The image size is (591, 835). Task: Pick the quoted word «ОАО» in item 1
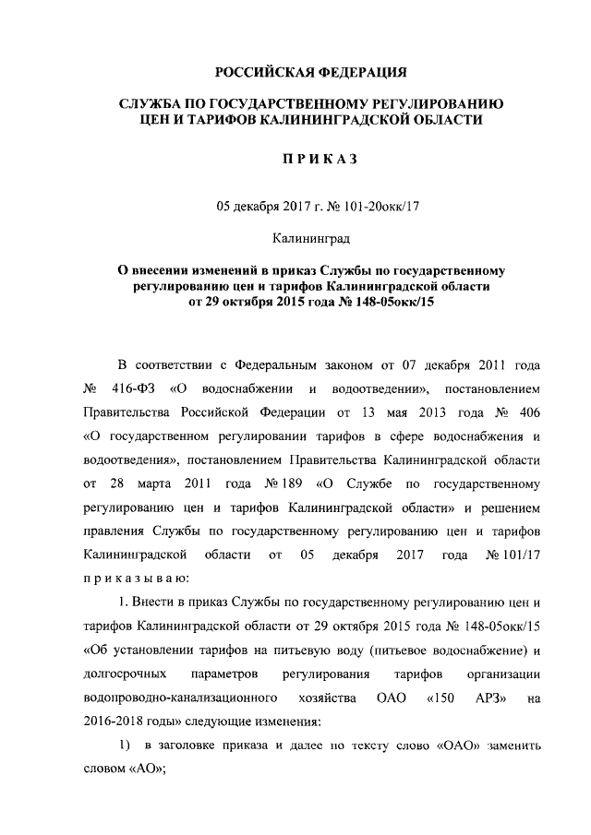[x=458, y=746]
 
